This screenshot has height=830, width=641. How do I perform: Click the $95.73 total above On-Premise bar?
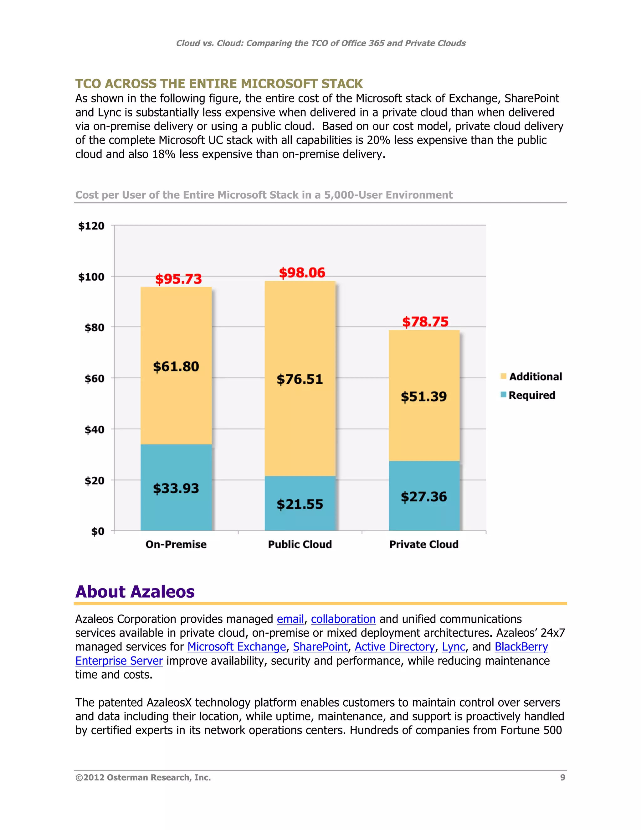coord(178,279)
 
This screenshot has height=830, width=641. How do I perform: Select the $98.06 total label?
coord(302,273)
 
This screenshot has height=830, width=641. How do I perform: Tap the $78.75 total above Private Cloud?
coord(425,322)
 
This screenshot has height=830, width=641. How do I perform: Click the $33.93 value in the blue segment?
coord(176,488)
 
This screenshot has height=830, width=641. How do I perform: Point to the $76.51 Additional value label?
coord(300,379)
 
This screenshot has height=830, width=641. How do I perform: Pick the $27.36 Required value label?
coord(424,497)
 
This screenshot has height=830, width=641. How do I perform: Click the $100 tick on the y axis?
coord(91,277)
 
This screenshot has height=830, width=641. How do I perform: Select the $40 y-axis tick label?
coord(94,430)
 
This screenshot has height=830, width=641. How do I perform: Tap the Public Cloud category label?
coord(300,545)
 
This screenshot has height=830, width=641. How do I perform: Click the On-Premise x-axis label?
coord(176,545)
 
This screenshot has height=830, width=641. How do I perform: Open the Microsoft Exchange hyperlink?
coord(237,647)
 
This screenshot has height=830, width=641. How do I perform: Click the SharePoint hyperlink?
coord(320,647)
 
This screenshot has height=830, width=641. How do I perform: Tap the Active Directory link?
coord(395,647)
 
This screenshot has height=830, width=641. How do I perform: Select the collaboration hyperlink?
coord(343,619)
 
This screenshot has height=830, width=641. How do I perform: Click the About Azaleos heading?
coord(135,592)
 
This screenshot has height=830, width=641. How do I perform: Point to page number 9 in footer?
coord(562,778)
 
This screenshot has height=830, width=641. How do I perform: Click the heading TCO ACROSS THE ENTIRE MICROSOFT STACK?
coord(219,84)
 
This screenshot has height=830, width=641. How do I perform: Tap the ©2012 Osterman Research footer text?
coord(143,778)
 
